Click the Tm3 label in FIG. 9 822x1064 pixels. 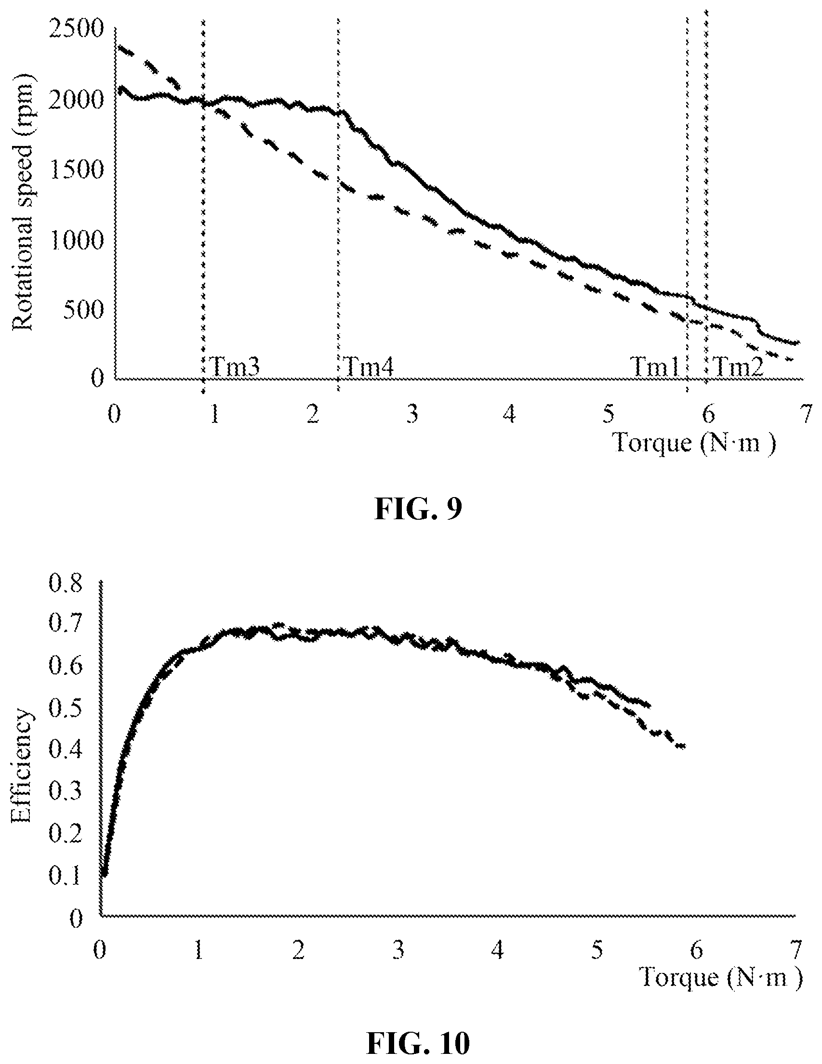(234, 366)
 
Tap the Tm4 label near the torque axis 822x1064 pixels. (368, 366)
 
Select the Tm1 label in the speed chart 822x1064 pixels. (654, 366)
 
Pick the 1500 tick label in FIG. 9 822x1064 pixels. (78, 170)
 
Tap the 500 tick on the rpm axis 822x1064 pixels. (84, 309)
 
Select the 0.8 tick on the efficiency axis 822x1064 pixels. (67, 583)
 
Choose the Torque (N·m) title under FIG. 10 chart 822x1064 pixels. (720, 977)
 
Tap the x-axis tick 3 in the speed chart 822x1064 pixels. (413, 415)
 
